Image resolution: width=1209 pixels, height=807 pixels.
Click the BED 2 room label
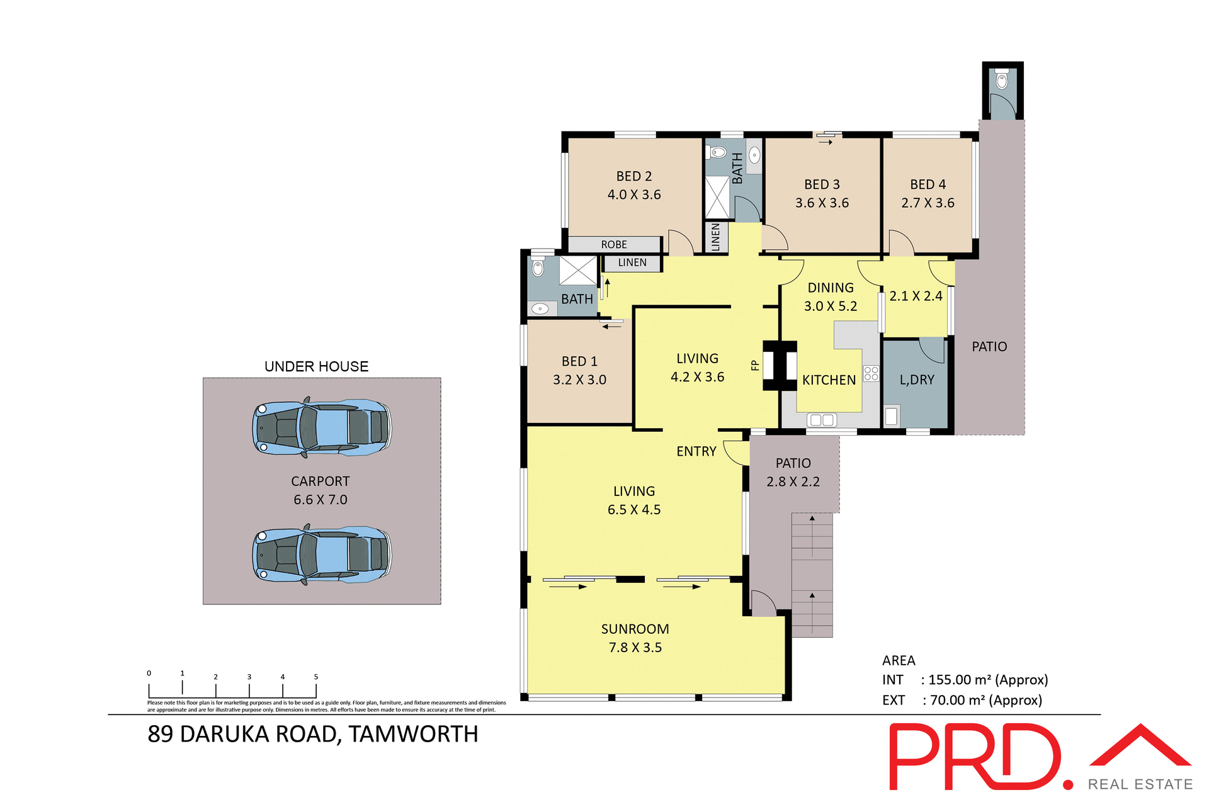tap(633, 176)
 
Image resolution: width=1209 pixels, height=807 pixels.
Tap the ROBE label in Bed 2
tap(613, 244)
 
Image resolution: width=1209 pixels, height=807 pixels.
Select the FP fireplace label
tap(755, 365)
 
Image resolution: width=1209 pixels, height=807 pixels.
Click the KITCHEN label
tap(829, 380)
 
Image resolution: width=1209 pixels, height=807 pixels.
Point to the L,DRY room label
tap(917, 380)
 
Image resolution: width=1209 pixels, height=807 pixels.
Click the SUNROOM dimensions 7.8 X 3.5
tap(635, 647)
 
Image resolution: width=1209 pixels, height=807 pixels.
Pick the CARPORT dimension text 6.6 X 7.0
tap(320, 499)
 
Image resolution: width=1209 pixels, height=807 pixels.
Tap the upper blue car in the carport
tap(321, 427)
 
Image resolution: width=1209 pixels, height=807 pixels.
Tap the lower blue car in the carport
tap(321, 554)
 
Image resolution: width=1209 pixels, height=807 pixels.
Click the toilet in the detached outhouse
tap(1002, 80)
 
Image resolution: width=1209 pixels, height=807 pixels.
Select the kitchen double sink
tap(822, 419)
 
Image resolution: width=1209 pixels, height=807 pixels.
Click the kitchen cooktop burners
tap(871, 373)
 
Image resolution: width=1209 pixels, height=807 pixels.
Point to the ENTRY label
tap(696, 451)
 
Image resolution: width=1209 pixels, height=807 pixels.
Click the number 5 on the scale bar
tap(316, 677)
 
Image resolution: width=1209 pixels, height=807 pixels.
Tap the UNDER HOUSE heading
tap(316, 366)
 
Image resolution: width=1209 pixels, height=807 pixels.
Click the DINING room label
tap(831, 288)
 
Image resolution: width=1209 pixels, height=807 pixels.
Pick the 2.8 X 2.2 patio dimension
tap(793, 482)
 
